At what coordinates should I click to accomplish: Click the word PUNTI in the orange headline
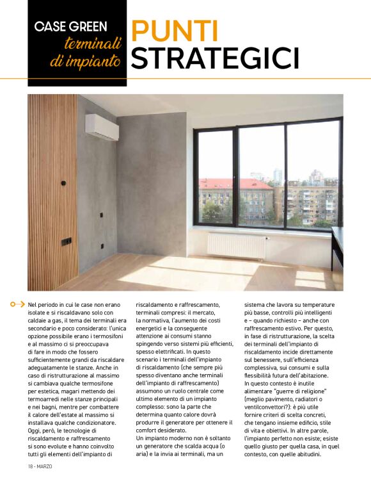(174, 30)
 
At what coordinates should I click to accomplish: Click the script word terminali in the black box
(93, 44)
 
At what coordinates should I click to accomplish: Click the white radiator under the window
(237, 245)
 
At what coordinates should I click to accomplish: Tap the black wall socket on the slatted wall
(66, 241)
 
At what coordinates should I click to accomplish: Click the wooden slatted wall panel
(51, 192)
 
